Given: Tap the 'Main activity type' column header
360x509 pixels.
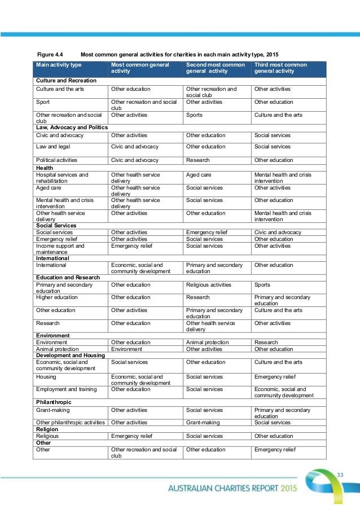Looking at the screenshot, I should (x=59, y=65).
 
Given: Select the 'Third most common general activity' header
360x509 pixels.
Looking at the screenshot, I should (x=281, y=68).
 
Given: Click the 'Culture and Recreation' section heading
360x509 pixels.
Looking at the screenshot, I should (x=65, y=81).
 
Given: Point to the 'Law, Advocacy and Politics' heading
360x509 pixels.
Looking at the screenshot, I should (x=72, y=128).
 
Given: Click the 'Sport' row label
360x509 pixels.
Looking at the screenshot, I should (x=42, y=102).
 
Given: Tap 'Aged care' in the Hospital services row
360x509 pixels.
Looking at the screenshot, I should (x=198, y=175).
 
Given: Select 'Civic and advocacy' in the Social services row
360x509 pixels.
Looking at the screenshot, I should (x=277, y=232).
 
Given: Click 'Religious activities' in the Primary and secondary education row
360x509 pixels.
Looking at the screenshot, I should (x=209, y=285).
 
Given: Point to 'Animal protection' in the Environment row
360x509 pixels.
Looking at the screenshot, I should (x=208, y=342).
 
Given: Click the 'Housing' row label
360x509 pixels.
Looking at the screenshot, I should (x=46, y=376).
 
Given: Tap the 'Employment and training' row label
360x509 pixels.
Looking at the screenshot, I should (x=66, y=389).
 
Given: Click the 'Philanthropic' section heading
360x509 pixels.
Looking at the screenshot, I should (x=55, y=402).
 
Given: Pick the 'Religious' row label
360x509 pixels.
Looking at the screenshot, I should (x=47, y=436).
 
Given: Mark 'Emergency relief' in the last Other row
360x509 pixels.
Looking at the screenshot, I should (x=275, y=450).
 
